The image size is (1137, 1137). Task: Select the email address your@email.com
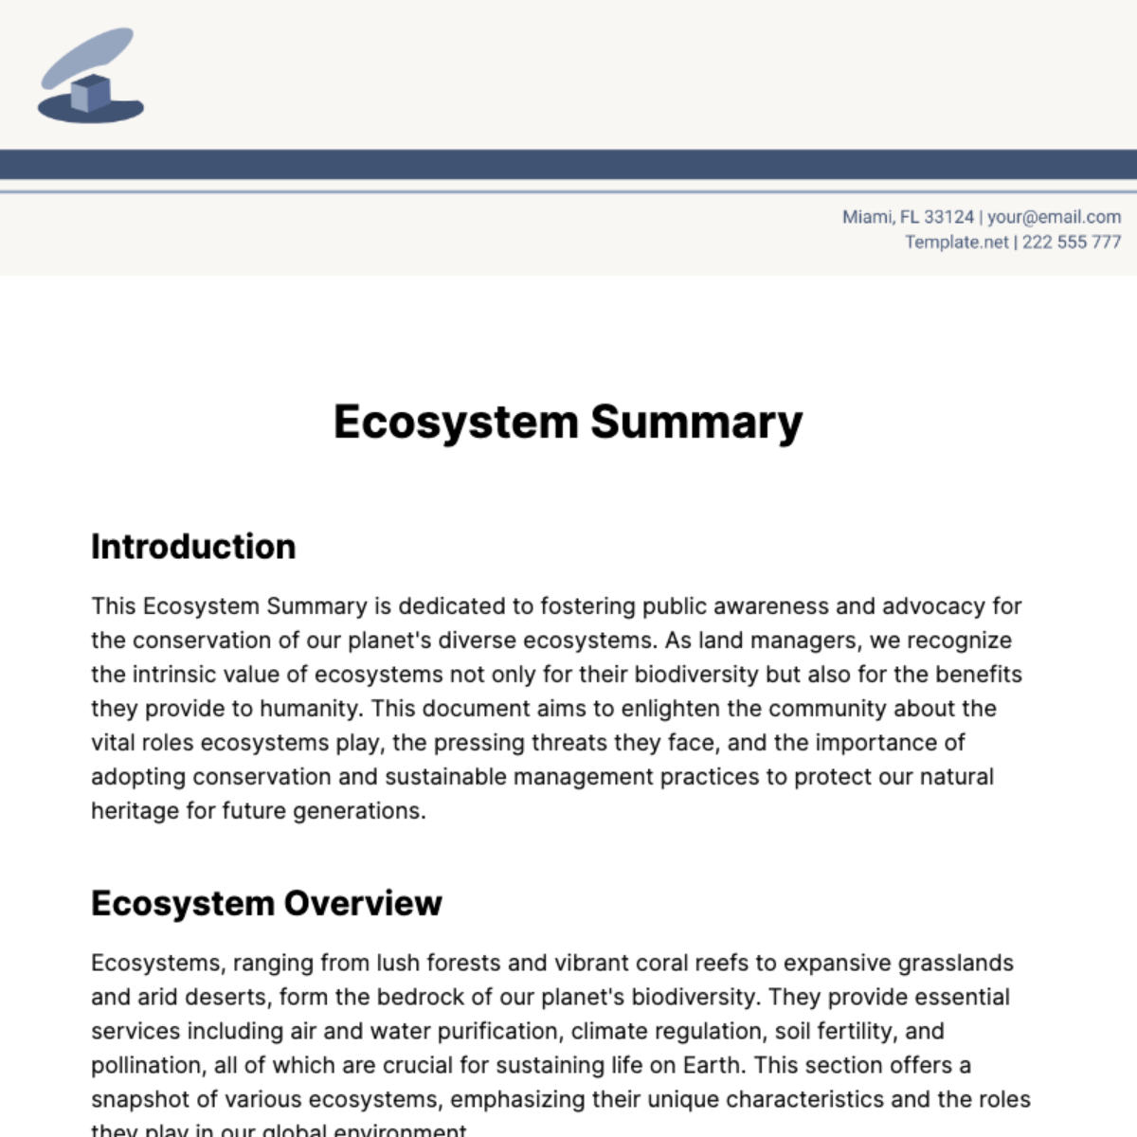click(1054, 217)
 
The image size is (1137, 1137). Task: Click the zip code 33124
click(948, 217)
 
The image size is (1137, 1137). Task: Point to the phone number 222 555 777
click(1071, 242)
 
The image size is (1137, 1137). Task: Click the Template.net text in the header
click(956, 242)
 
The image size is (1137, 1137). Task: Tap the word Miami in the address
click(867, 217)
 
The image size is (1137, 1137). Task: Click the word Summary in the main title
click(696, 422)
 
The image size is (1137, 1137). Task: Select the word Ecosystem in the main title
click(455, 422)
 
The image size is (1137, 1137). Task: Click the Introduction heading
click(193, 547)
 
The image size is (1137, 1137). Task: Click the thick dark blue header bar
click(568, 164)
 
